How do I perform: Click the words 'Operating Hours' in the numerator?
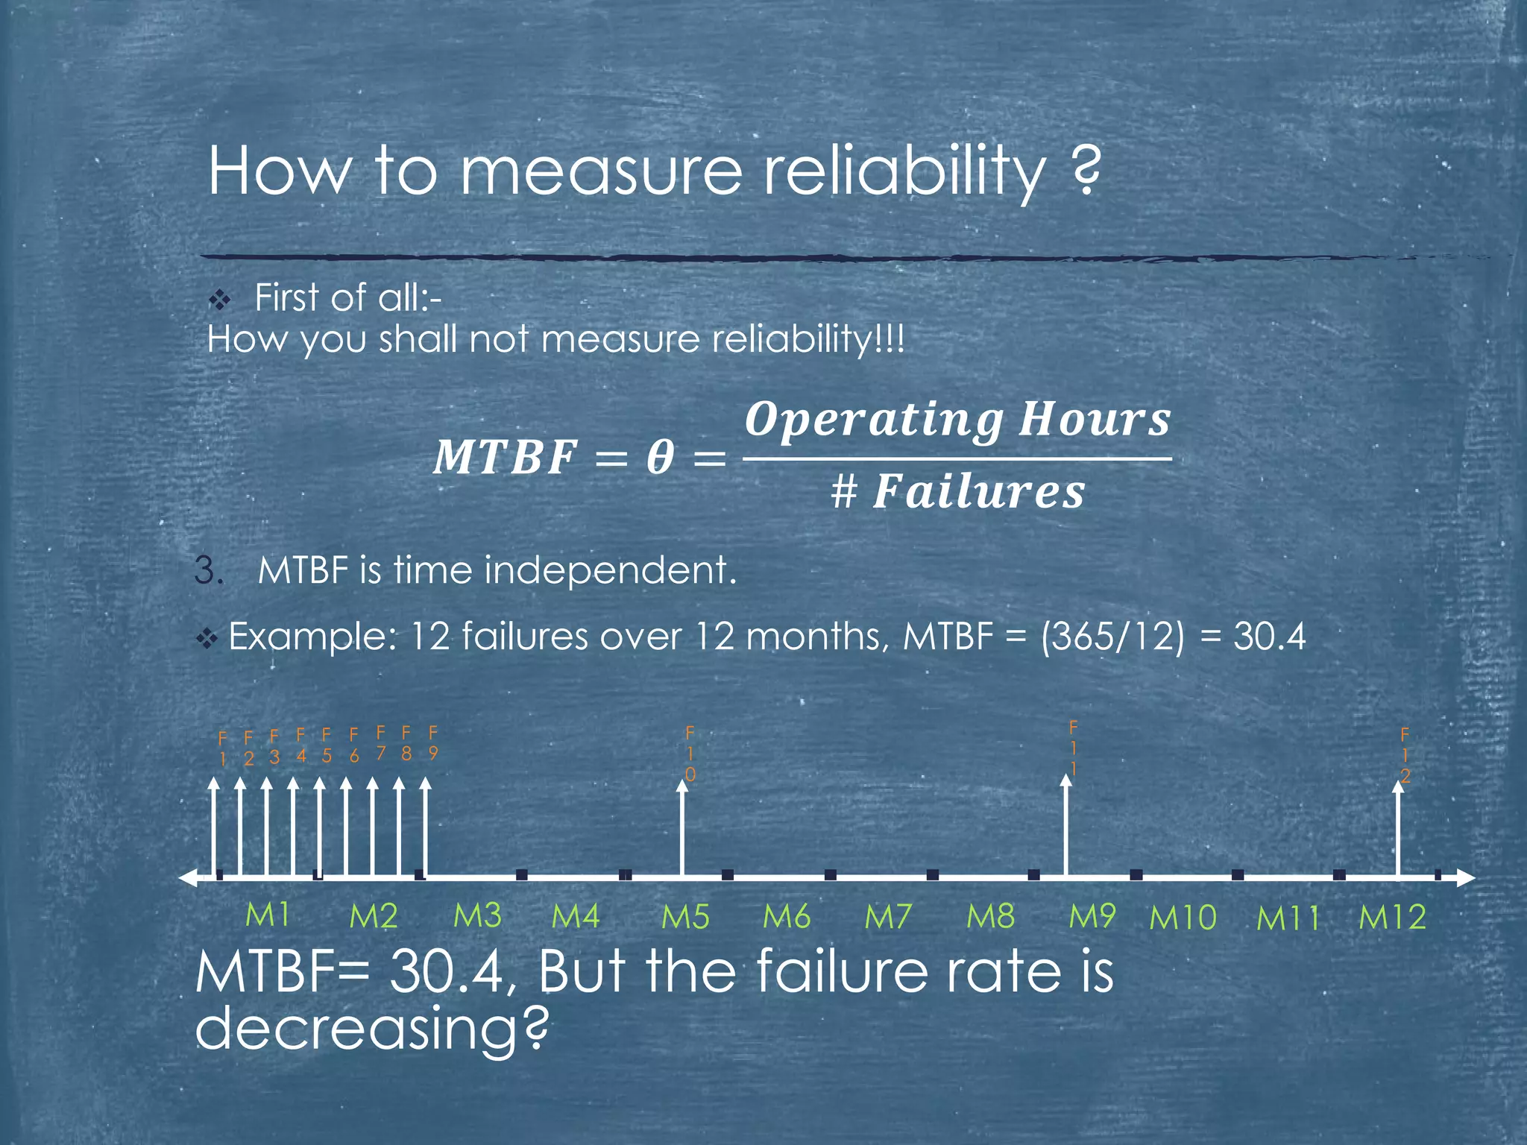coord(957,420)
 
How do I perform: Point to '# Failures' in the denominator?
coord(957,493)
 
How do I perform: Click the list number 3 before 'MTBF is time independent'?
coord(208,571)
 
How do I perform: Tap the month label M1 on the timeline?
coord(268,915)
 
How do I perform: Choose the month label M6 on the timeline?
coord(787,916)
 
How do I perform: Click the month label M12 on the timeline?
coord(1392,917)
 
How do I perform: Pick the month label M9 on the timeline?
coord(1092,915)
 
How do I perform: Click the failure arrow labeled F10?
coord(682,827)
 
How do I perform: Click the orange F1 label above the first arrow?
coord(222,748)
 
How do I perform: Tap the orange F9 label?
coord(433,743)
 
